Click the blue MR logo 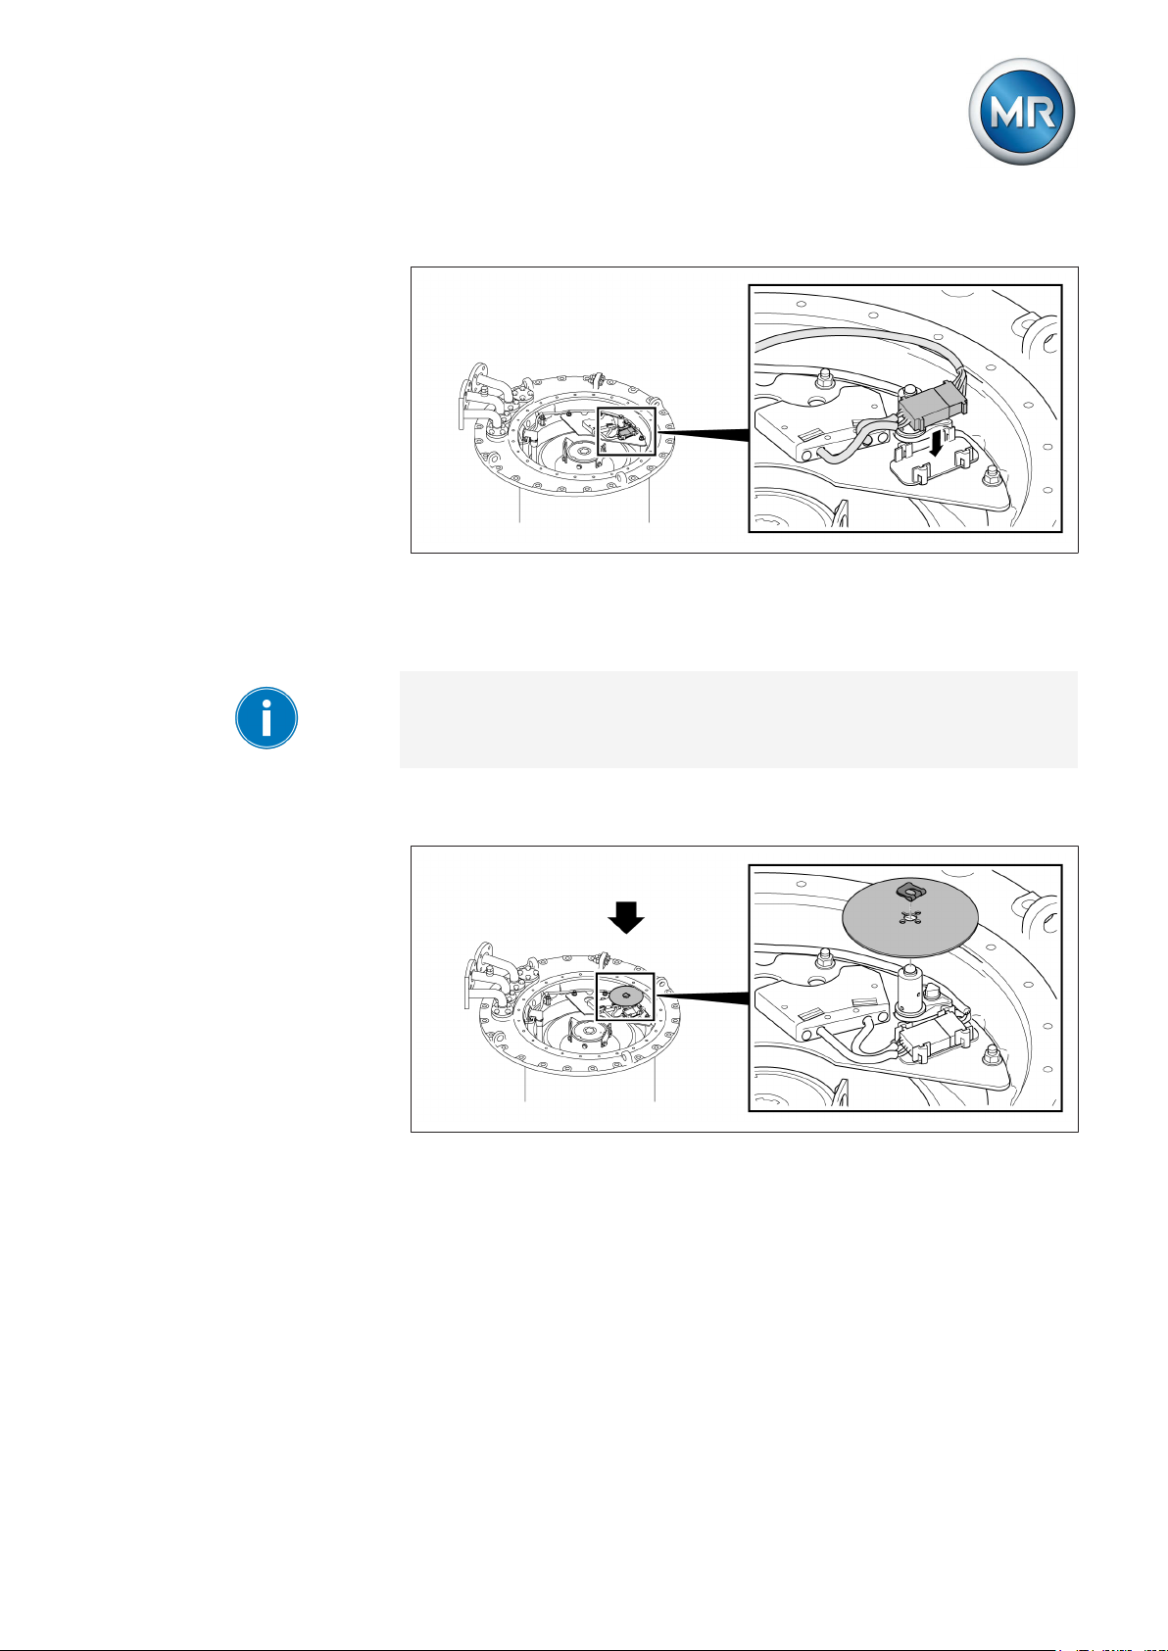[1021, 112]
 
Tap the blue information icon [267, 718]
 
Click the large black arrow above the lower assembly [626, 917]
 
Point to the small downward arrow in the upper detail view [936, 444]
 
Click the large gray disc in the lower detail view [910, 917]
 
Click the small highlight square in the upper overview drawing [626, 431]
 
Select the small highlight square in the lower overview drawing [625, 997]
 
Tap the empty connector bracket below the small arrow [935, 463]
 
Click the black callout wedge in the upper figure [703, 435]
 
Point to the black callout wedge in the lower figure [703, 998]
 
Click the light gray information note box [739, 719]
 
